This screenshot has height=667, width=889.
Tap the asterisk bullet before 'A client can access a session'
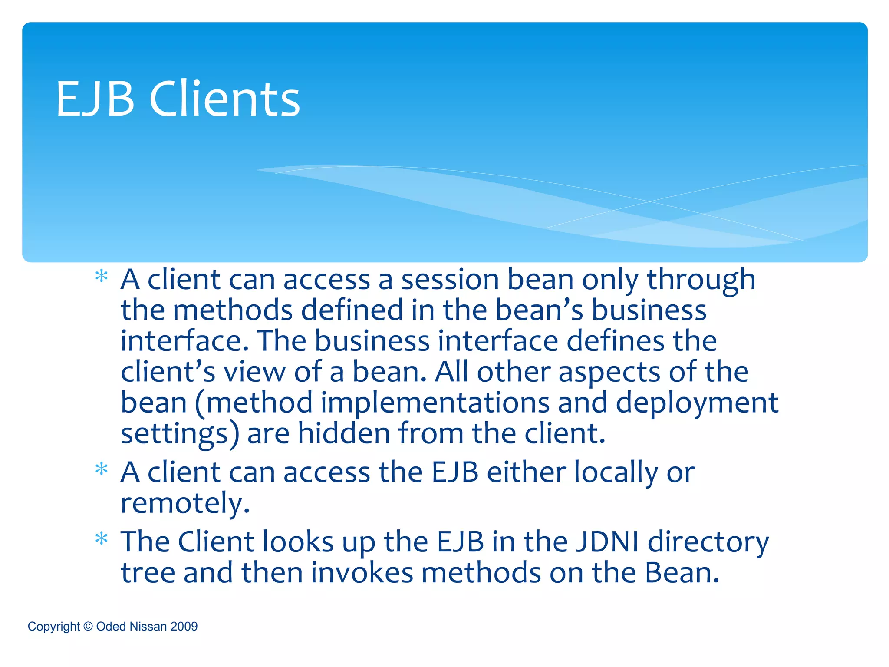click(x=101, y=277)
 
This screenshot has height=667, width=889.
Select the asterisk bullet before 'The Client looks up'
click(x=101, y=539)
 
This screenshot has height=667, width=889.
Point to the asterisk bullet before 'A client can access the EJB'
click(x=101, y=469)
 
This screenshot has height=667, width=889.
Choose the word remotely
click(x=185, y=504)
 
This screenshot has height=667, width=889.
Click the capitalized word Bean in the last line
click(x=682, y=573)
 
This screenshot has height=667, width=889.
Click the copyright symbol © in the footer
click(x=88, y=626)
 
